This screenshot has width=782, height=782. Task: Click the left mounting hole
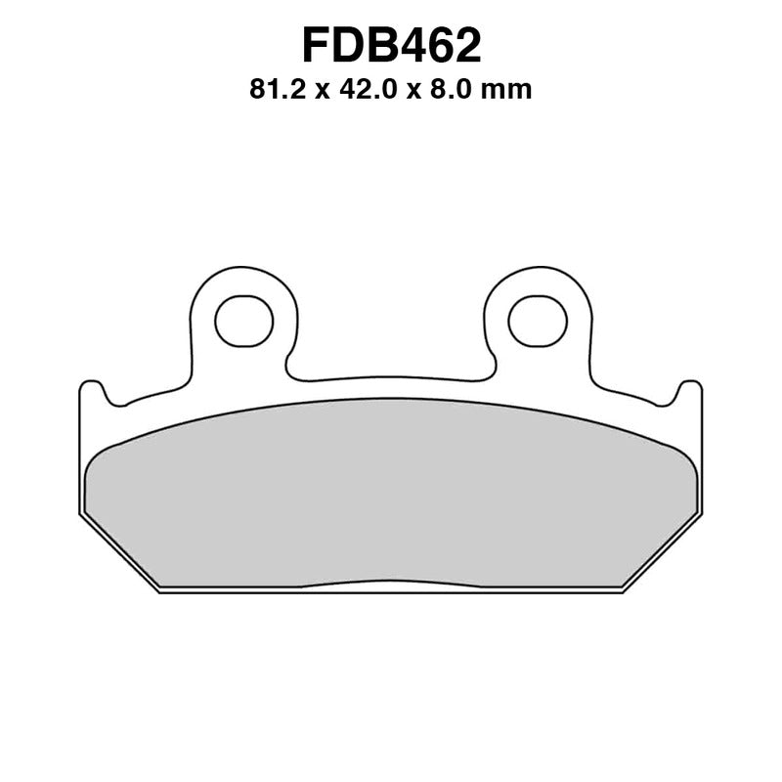pos(243,320)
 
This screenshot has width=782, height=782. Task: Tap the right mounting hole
pos(537,320)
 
